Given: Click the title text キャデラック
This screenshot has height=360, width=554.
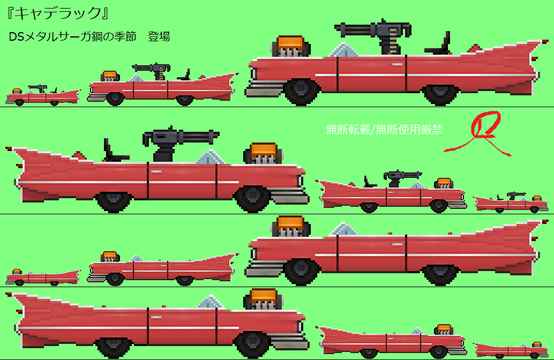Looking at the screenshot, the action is pyautogui.click(x=57, y=13).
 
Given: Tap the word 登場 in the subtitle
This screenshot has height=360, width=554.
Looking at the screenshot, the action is pyautogui.click(x=159, y=36).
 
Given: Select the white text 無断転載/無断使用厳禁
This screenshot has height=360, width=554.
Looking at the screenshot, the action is pyautogui.click(x=384, y=130).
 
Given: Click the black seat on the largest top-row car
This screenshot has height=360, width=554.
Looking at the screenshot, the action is pyautogui.click(x=439, y=44).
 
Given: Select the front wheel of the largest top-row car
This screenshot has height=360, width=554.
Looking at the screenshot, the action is pyautogui.click(x=301, y=91).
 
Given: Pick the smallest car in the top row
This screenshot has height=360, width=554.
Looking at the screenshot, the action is pyautogui.click(x=43, y=95).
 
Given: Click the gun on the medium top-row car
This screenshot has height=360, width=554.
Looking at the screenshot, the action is pyautogui.click(x=153, y=71).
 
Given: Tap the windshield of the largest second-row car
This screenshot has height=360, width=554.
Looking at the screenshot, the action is pyautogui.click(x=211, y=157).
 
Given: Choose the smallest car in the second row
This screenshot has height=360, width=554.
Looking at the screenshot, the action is pyautogui.click(x=511, y=203).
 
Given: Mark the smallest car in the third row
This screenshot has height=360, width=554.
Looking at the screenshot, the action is pyautogui.click(x=43, y=277).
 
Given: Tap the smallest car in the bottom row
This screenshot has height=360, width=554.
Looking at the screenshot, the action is pyautogui.click(x=511, y=350).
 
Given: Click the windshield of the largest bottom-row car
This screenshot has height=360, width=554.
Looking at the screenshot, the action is pyautogui.click(x=211, y=303).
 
